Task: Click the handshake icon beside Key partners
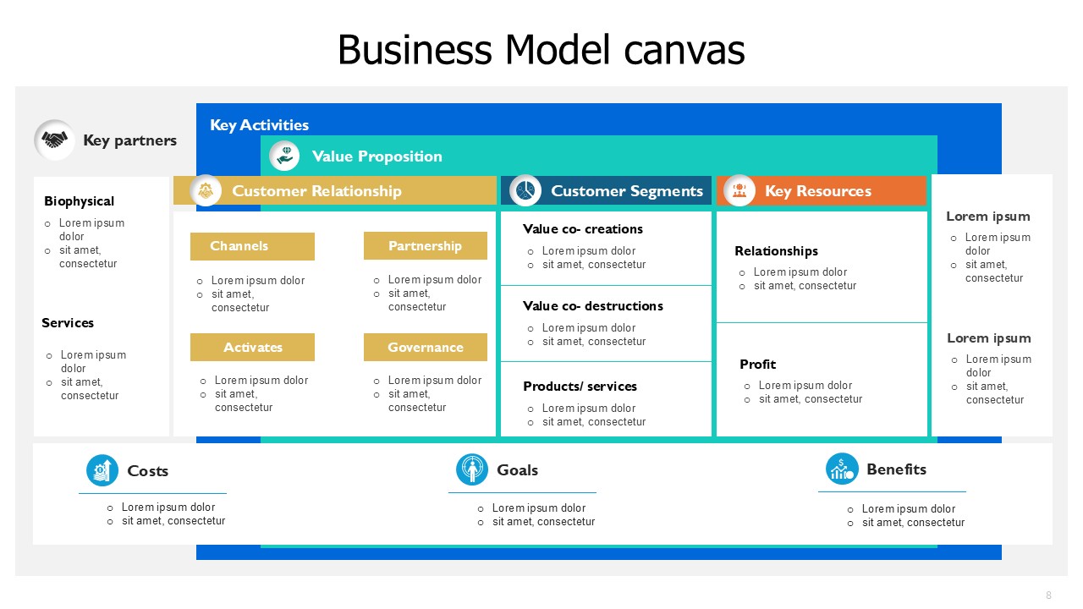pos(54,140)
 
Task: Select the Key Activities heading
pos(259,125)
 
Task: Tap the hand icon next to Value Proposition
pos(284,156)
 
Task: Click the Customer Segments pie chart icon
pos(525,190)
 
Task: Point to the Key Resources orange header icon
pos(739,190)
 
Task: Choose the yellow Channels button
pos(252,246)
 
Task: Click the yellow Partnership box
pos(426,246)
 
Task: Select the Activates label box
pos(252,347)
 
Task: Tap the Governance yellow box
pos(426,347)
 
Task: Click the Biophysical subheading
pos(80,201)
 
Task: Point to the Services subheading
pos(68,323)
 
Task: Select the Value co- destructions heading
pos(593,306)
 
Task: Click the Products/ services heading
pos(580,387)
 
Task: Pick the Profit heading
pos(757,365)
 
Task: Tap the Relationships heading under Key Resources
pos(777,251)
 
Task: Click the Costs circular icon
pos(102,470)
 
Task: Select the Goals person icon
pos(472,469)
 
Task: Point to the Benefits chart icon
pos(842,469)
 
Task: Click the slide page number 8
pos(1048,595)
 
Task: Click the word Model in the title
pos(558,50)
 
